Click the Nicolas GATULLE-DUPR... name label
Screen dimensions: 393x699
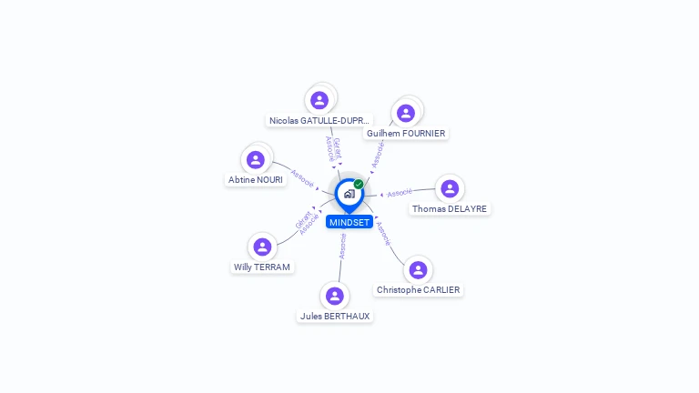(319, 120)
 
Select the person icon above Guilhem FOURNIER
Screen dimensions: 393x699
(406, 113)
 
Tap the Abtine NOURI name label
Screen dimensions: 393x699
(256, 180)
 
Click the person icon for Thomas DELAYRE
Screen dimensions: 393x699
(449, 188)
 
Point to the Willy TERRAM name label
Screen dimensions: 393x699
(262, 267)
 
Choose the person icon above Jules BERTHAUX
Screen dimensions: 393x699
(335, 296)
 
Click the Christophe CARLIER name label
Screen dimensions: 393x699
(419, 290)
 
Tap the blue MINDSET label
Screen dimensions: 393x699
(349, 222)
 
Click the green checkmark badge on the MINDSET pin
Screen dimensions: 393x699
(359, 185)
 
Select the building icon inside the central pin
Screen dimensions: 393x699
(349, 194)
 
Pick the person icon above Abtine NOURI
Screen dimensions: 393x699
(256, 159)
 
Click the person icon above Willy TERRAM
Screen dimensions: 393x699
(262, 247)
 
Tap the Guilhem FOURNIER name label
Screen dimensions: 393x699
(406, 134)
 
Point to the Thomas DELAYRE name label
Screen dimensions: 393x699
(450, 209)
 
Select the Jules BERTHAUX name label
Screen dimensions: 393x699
(335, 317)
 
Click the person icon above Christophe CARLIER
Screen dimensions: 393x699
(418, 269)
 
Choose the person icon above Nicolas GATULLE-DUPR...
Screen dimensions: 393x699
(319, 99)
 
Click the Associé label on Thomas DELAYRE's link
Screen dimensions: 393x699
(400, 193)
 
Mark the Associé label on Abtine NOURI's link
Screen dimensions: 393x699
(303, 175)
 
